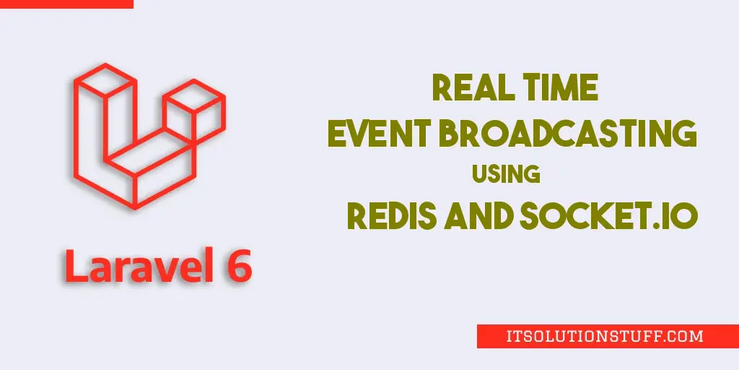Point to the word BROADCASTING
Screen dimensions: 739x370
[x=567, y=133]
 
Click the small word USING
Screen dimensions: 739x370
[x=506, y=173]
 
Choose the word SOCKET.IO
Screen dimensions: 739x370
[x=608, y=217]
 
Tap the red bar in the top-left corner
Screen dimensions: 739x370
[x=66, y=4]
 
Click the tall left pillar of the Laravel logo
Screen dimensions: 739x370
[x=105, y=118]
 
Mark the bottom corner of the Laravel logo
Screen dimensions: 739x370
[x=136, y=207]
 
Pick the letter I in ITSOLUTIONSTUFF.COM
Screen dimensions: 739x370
[x=510, y=337]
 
